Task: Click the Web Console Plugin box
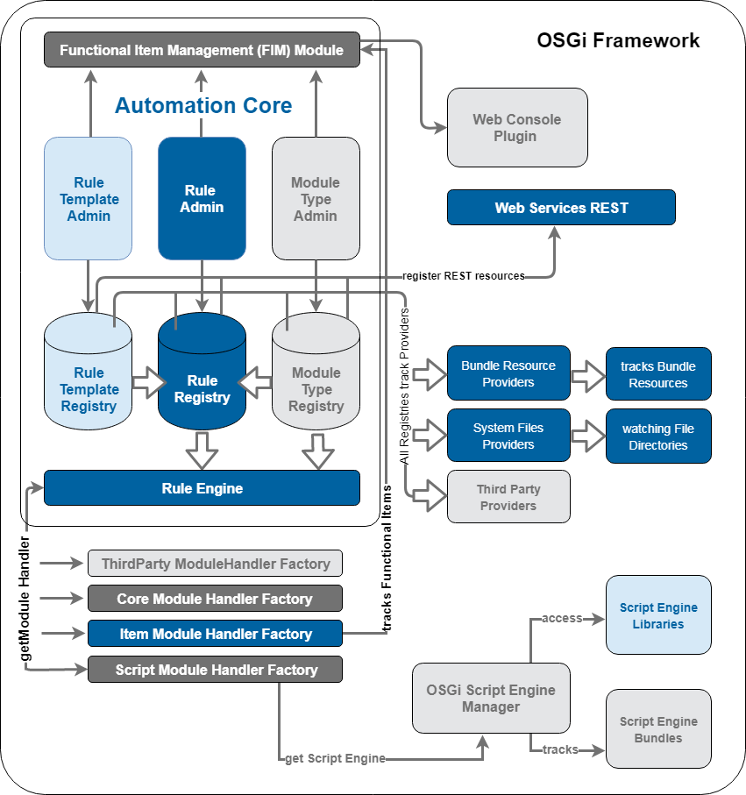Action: [x=517, y=127]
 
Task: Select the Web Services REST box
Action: [x=561, y=208]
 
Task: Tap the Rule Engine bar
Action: [x=202, y=488]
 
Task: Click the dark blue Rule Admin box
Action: [x=202, y=199]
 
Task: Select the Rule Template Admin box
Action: [x=88, y=199]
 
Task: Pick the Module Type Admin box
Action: [x=316, y=199]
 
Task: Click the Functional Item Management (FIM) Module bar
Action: [x=202, y=50]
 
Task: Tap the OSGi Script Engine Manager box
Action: [x=491, y=698]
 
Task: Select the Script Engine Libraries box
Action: [x=658, y=615]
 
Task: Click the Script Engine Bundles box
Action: [x=658, y=729]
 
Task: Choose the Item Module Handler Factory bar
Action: [x=215, y=634]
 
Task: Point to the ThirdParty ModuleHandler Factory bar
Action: [x=215, y=564]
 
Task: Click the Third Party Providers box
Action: [x=508, y=497]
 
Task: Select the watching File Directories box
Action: [x=658, y=437]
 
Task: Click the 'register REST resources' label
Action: [x=463, y=276]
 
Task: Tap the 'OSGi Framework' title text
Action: [x=618, y=40]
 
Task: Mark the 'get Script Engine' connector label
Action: [x=335, y=758]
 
